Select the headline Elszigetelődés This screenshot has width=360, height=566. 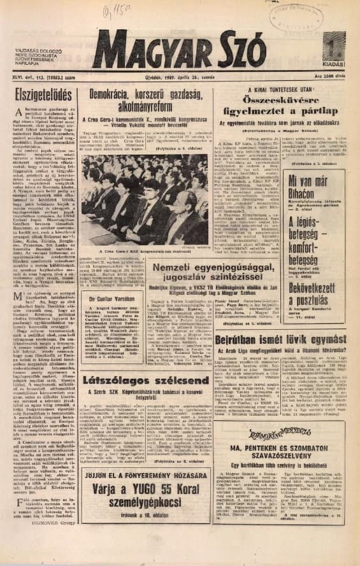(41, 97)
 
